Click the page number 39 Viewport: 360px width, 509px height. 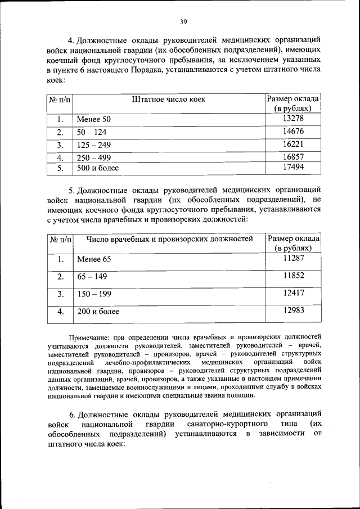coord(183,22)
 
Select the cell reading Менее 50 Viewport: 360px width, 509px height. coord(94,120)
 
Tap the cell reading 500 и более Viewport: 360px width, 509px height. coord(98,168)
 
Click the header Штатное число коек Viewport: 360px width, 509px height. coord(169,100)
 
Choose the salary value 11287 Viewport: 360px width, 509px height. coord(294,259)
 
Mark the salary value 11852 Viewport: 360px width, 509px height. coord(294,276)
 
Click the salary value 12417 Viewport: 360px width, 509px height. coord(294,293)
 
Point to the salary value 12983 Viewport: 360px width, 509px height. coord(294,310)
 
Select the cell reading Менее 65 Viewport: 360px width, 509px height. coord(94,259)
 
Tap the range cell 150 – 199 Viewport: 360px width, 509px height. coord(94,294)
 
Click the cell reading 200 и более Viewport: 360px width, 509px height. coord(98,311)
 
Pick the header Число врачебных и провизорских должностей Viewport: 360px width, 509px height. coord(169,239)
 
